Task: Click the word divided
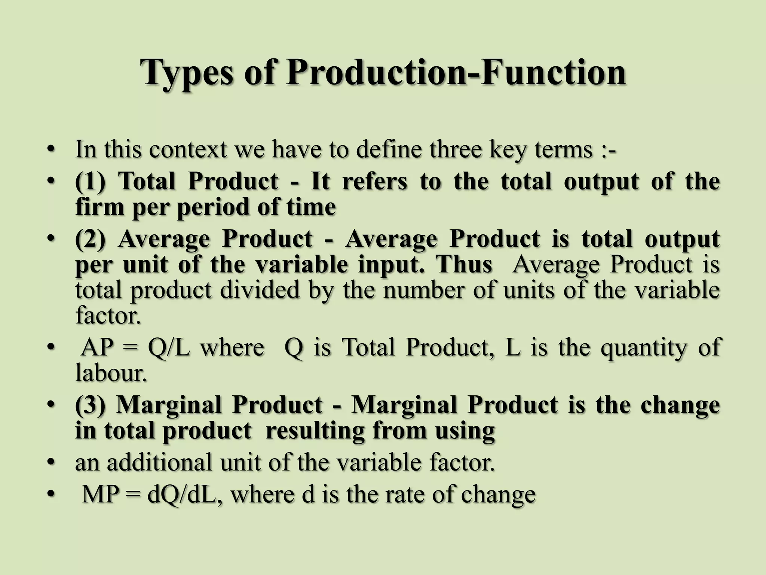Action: click(260, 290)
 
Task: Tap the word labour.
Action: click(110, 373)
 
